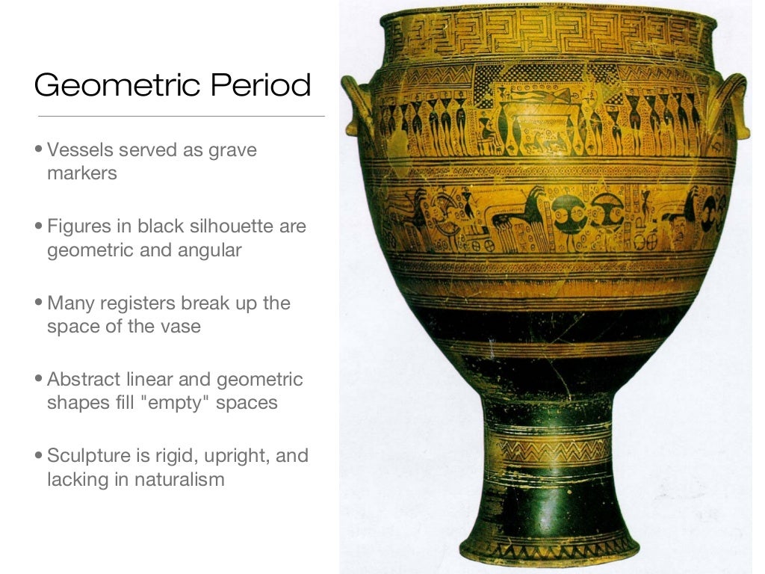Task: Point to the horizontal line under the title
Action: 181,117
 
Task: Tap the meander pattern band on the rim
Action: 549,34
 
